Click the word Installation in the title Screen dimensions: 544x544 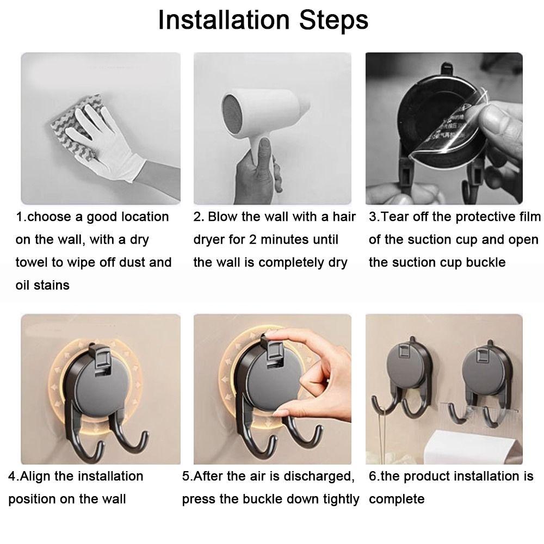pyautogui.click(x=224, y=20)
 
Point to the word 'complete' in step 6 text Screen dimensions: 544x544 pyautogui.click(x=396, y=499)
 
